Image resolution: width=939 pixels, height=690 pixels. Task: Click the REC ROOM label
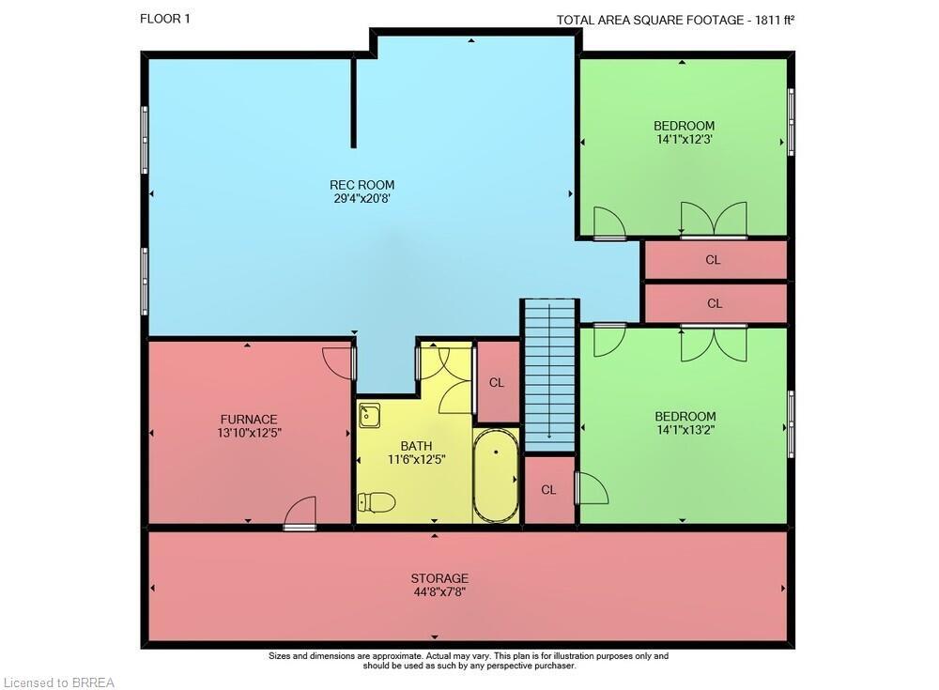[x=362, y=185]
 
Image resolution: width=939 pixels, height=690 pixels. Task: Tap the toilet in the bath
[x=377, y=503]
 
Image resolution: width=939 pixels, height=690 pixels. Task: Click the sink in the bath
[x=369, y=415]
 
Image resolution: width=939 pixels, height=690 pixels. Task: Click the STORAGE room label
[x=439, y=578]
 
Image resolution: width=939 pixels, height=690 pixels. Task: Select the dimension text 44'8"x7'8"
[x=439, y=592]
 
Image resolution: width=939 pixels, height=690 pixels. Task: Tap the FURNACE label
[x=249, y=420]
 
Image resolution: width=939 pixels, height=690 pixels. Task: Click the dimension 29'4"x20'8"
[x=362, y=199]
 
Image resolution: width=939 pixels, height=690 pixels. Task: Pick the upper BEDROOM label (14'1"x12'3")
[x=684, y=126]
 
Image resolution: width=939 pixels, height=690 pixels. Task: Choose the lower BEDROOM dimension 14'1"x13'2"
[x=685, y=431]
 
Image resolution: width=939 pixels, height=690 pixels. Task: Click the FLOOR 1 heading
[x=164, y=19]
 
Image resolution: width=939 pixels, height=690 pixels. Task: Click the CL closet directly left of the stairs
[x=497, y=382]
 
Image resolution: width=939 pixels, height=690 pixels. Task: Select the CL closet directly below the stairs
[x=548, y=490]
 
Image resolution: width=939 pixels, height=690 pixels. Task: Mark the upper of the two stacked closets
[x=714, y=260]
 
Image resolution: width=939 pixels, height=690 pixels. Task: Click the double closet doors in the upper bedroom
[x=714, y=221]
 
